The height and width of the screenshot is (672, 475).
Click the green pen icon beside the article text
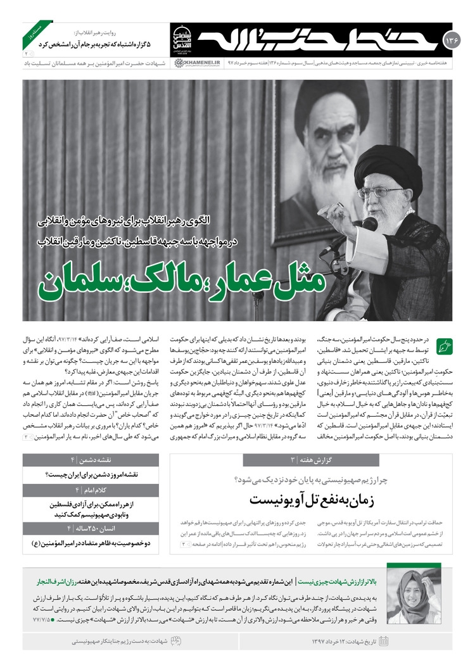pyautogui.click(x=445, y=346)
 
